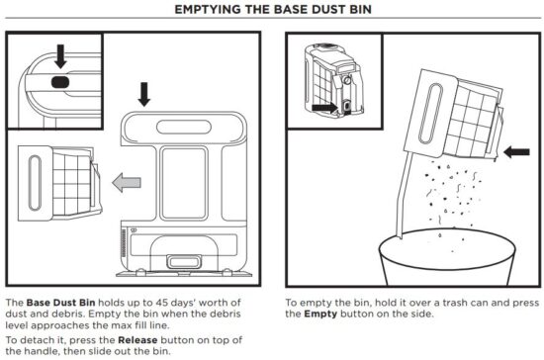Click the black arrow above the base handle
(x=145, y=95)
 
